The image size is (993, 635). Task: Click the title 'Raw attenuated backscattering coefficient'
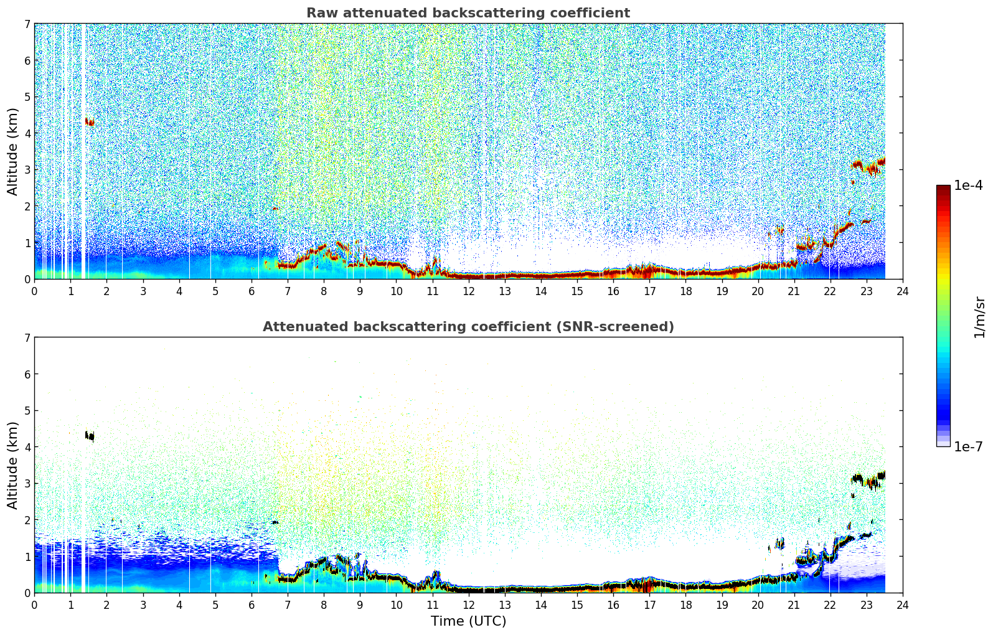(x=468, y=13)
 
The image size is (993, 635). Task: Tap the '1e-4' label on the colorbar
(x=968, y=186)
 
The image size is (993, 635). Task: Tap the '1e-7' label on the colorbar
(x=968, y=446)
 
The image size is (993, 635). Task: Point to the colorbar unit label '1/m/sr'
(x=979, y=317)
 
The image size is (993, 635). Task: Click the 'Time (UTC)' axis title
(x=468, y=621)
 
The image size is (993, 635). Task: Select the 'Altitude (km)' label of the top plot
(x=12, y=152)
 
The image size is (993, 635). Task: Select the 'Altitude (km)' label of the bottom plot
(x=12, y=465)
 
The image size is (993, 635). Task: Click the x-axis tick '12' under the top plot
(x=469, y=291)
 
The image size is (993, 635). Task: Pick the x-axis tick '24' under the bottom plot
(x=903, y=605)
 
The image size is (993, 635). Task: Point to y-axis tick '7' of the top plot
(x=27, y=24)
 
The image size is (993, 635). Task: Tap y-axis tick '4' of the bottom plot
(x=27, y=447)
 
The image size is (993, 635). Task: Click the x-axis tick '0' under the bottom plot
(x=35, y=605)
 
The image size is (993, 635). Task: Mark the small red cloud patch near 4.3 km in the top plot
(x=90, y=121)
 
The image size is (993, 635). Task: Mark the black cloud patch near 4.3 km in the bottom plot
(x=90, y=436)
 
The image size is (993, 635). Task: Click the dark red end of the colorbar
(x=943, y=188)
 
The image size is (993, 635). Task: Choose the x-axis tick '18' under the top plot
(x=686, y=291)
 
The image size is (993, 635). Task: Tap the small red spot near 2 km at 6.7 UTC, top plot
(x=275, y=208)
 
